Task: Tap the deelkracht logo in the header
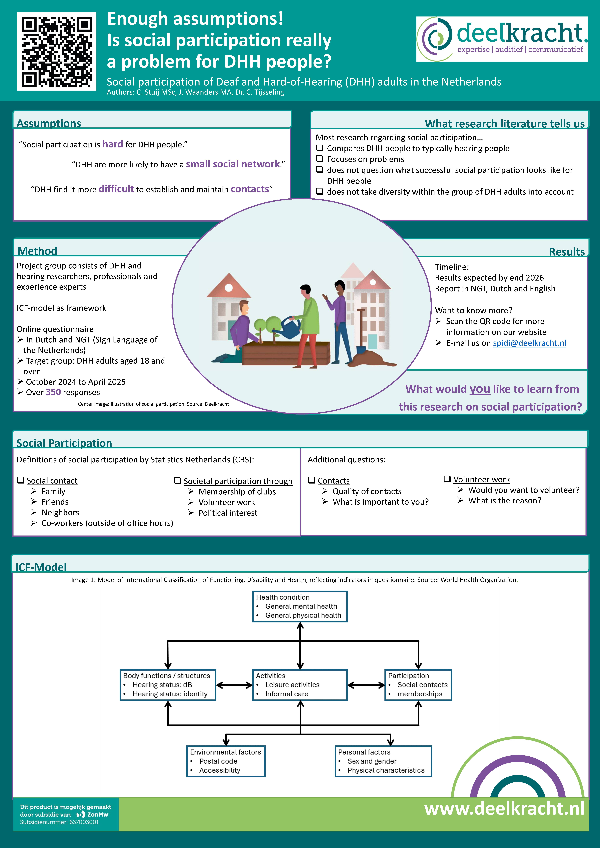(x=502, y=39)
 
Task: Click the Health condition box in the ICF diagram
(x=300, y=606)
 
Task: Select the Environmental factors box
(x=226, y=761)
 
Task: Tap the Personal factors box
(x=383, y=761)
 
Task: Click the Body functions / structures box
(x=168, y=685)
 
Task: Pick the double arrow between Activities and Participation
(x=366, y=685)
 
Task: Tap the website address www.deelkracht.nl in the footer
(x=504, y=808)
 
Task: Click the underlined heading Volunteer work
(x=481, y=479)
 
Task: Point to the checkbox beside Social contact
(x=21, y=480)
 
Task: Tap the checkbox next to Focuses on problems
(x=320, y=159)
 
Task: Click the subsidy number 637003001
(x=84, y=822)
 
